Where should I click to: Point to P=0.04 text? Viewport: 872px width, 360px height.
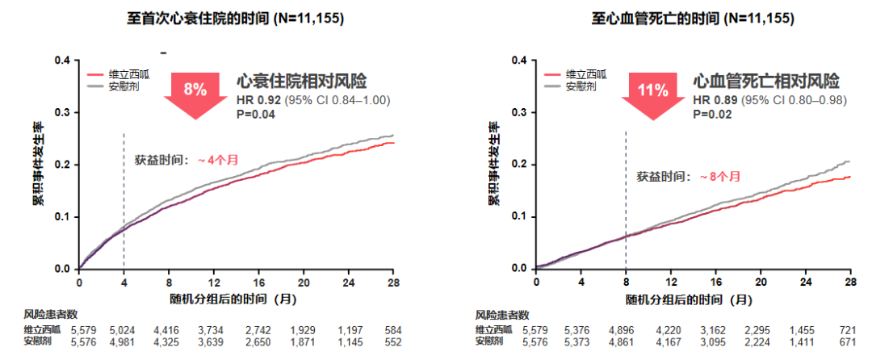click(x=256, y=115)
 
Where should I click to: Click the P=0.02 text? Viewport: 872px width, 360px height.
click(x=713, y=115)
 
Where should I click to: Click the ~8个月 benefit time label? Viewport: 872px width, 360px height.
click(x=718, y=175)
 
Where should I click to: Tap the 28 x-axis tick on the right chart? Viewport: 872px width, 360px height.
click(x=849, y=283)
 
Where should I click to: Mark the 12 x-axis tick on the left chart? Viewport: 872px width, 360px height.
click(x=214, y=283)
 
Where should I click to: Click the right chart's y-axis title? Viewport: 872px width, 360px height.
click(x=493, y=164)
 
